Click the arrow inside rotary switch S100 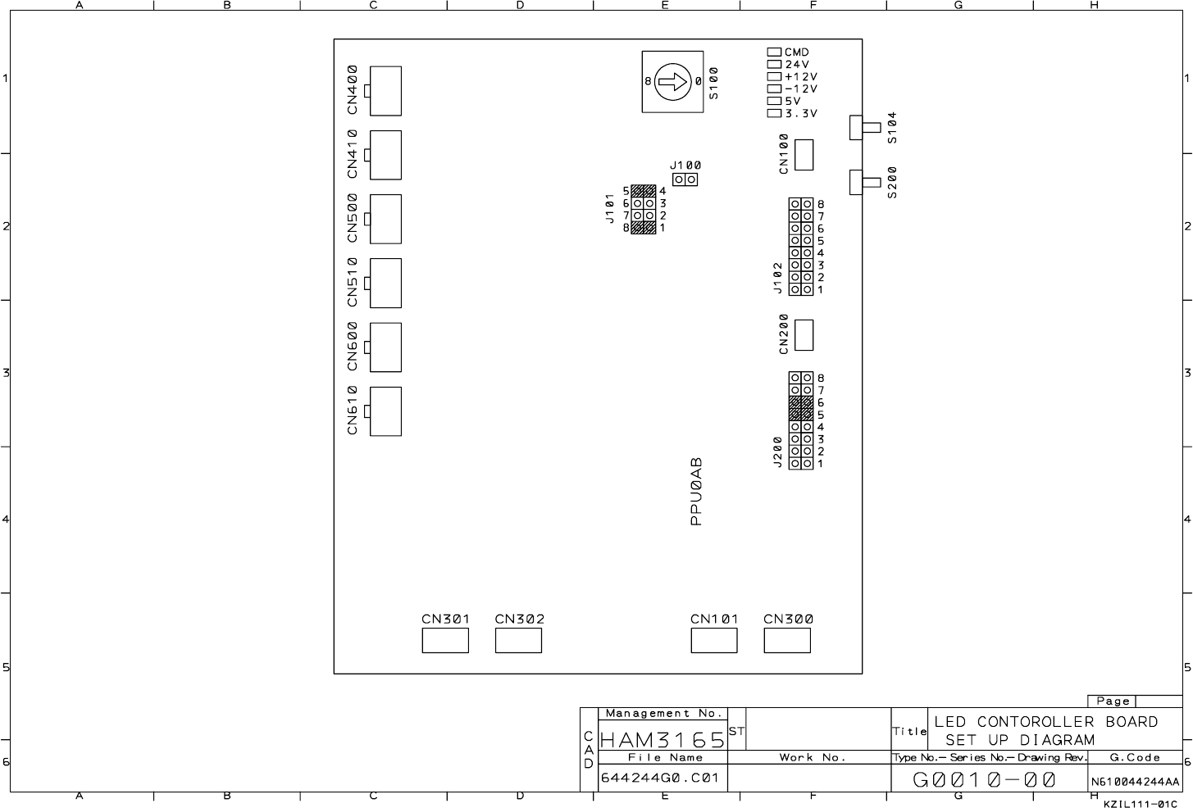click(x=672, y=82)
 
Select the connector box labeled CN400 click(x=385, y=91)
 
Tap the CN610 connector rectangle click(x=385, y=411)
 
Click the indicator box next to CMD click(x=774, y=52)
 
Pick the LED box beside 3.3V click(x=774, y=113)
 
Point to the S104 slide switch click(x=865, y=128)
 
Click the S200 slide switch click(x=865, y=183)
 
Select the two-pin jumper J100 click(x=685, y=179)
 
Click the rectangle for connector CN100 click(x=804, y=155)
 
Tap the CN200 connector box click(x=804, y=335)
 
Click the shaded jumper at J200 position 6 click(x=801, y=402)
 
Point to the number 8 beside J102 click(x=821, y=204)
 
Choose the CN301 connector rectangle click(x=445, y=640)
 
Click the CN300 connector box click(x=787, y=640)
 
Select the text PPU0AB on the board click(x=696, y=492)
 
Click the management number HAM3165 click(x=663, y=740)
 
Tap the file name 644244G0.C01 click(x=660, y=778)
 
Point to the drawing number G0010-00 click(x=984, y=780)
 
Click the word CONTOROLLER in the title click(x=1036, y=722)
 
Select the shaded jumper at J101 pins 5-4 click(x=644, y=191)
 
